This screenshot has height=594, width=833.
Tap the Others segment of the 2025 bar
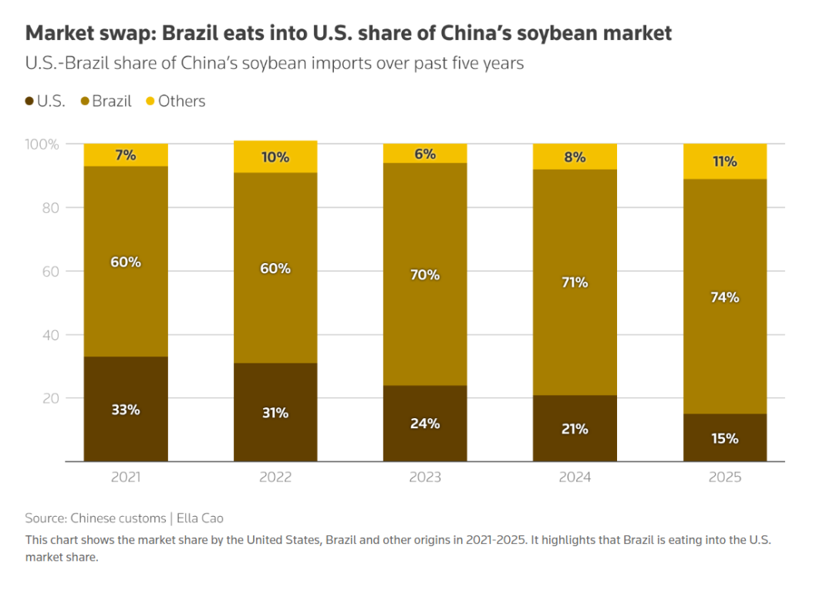tap(725, 161)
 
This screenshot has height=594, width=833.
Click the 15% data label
tap(725, 438)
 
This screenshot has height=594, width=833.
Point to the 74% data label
tap(725, 297)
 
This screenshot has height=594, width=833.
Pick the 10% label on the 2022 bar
tap(275, 157)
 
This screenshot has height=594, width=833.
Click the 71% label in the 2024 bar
tap(575, 282)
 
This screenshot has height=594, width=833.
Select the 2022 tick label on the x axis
tap(275, 478)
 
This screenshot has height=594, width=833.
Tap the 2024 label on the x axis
tap(575, 478)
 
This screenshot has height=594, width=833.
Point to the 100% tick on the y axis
tap(43, 144)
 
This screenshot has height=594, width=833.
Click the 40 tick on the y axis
tap(50, 335)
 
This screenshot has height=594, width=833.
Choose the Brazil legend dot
tap(85, 101)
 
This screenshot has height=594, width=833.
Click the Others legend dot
tap(150, 101)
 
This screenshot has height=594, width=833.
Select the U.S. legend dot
tap(29, 101)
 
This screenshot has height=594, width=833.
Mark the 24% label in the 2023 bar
tap(425, 424)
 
